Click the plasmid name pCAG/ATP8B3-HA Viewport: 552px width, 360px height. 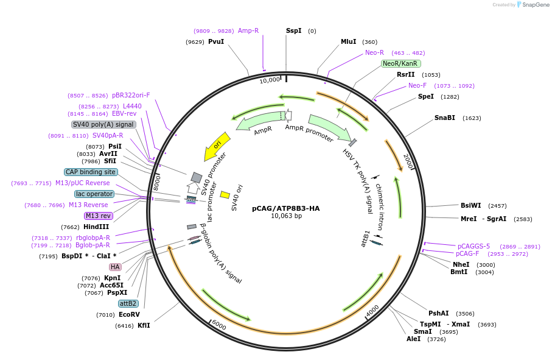pos(285,208)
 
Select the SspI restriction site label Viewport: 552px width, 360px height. pos(293,30)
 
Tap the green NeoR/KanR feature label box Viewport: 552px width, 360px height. pos(400,63)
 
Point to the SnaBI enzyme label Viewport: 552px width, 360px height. pos(444,118)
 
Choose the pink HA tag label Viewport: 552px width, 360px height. pos(115,267)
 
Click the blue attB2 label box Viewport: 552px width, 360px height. pos(128,303)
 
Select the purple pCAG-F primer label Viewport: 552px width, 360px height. pos(467,253)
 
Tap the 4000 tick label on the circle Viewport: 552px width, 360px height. pos(372,311)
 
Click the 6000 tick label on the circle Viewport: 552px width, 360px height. pos(218,325)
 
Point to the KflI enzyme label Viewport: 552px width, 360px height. pos(144,325)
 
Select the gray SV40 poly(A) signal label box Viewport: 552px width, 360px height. pos(103,124)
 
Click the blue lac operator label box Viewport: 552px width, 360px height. pos(94,194)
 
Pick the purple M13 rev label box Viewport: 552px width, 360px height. pos(98,216)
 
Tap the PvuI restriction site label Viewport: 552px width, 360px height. pos(216,41)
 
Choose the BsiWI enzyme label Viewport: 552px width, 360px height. pos(470,205)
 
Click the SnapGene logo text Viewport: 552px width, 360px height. pos(533,5)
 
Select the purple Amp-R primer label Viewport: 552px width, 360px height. pos(248,30)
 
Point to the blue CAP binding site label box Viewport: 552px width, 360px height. pos(91,172)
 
